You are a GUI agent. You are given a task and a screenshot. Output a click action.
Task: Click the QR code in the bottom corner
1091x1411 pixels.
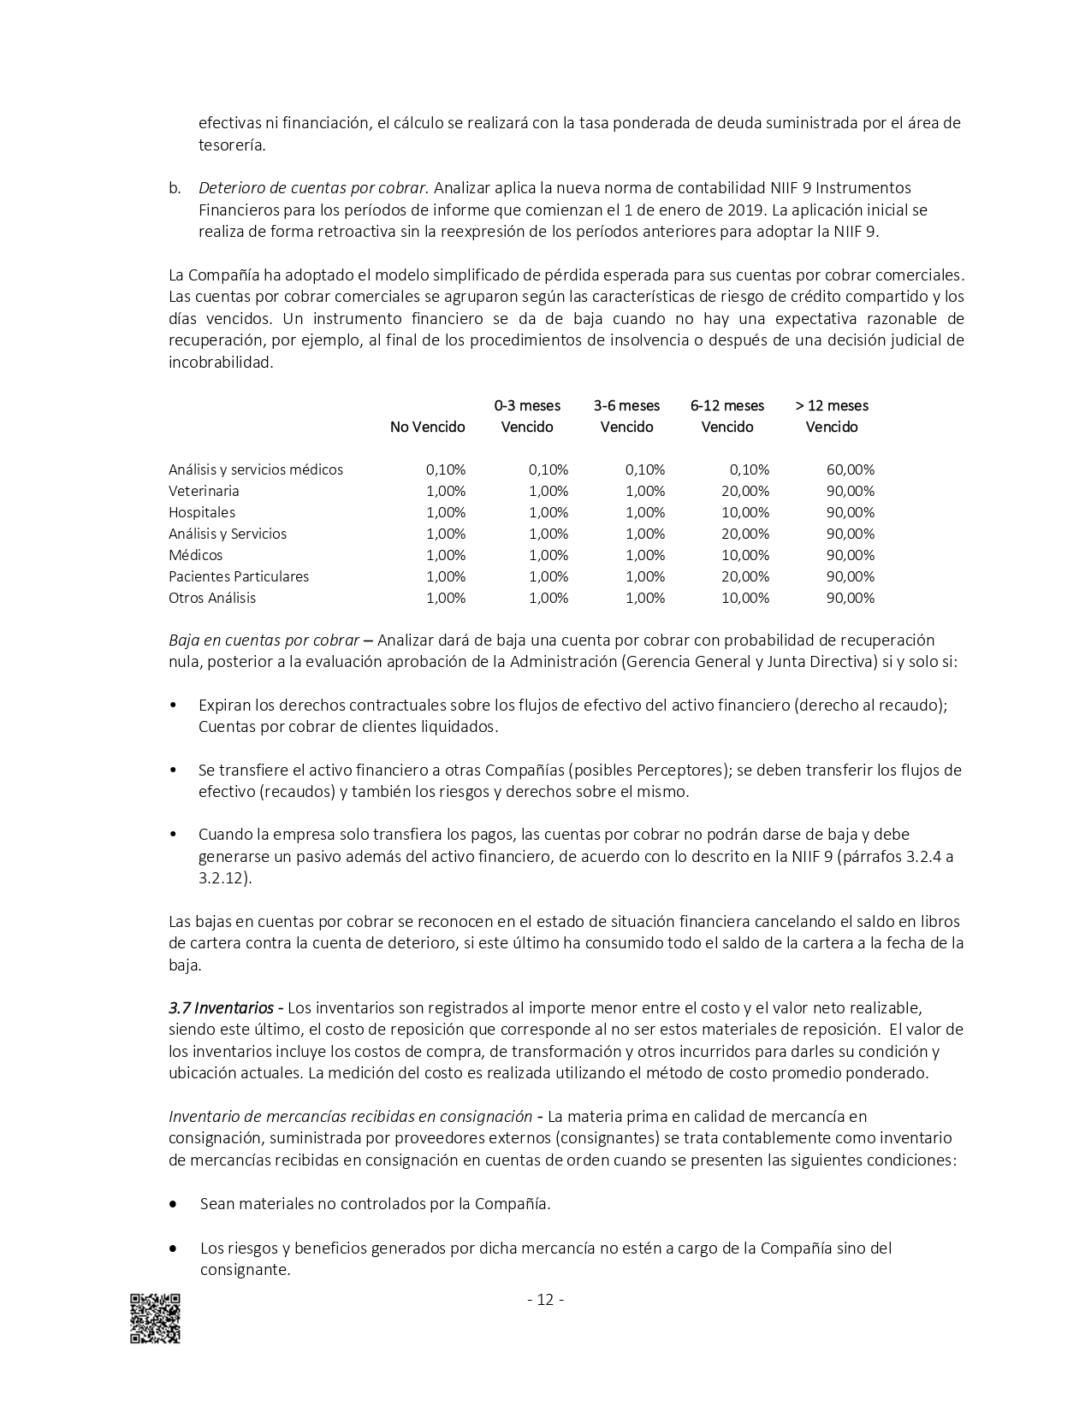(155, 1318)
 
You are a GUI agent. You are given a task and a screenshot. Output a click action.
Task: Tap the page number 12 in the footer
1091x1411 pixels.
(545, 1300)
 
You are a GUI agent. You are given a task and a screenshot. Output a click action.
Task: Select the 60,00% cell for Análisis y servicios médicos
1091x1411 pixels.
(850, 469)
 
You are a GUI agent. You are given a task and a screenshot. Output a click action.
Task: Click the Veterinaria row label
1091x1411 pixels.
(204, 491)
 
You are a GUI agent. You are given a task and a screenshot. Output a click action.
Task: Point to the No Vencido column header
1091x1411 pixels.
(427, 427)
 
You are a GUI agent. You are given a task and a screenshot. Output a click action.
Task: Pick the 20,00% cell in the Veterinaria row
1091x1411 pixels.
(744, 491)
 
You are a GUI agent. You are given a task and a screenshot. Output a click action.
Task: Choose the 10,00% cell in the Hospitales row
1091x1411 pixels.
(744, 512)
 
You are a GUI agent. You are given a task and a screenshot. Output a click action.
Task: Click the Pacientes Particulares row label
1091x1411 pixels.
(239, 576)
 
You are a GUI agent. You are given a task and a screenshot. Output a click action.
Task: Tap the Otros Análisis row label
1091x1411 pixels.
(212, 598)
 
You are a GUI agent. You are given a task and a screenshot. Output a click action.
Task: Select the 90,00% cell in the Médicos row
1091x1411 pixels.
(850, 555)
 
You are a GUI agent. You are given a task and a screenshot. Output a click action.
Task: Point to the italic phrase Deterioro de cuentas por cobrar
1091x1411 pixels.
(311, 187)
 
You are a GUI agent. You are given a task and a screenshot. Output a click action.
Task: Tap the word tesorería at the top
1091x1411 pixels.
(231, 145)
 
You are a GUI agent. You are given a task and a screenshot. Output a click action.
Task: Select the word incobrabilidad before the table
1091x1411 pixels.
(219, 362)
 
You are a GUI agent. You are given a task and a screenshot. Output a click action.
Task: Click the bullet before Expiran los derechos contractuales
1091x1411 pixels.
(174, 705)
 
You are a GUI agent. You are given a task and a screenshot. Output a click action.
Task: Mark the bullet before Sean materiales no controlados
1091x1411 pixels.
(174, 1203)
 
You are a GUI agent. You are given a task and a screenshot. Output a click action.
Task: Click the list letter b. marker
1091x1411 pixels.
(175, 187)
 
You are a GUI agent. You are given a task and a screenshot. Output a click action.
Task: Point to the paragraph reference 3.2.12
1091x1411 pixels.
(223, 877)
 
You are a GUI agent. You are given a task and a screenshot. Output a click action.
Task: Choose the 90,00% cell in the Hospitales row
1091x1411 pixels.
(850, 512)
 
